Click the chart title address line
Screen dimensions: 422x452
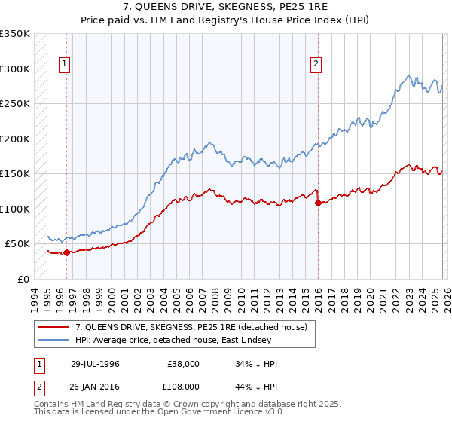(225, 8)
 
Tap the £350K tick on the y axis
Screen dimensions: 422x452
(15, 34)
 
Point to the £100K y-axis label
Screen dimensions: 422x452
(15, 209)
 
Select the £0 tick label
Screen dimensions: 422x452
(23, 279)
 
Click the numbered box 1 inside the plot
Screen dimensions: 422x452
(66, 65)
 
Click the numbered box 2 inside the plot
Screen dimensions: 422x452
(316, 65)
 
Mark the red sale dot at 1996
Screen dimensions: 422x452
(66, 252)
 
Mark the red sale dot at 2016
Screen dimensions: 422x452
(317, 203)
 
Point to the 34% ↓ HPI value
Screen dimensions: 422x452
(255, 364)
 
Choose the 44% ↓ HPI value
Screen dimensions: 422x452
(255, 385)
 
